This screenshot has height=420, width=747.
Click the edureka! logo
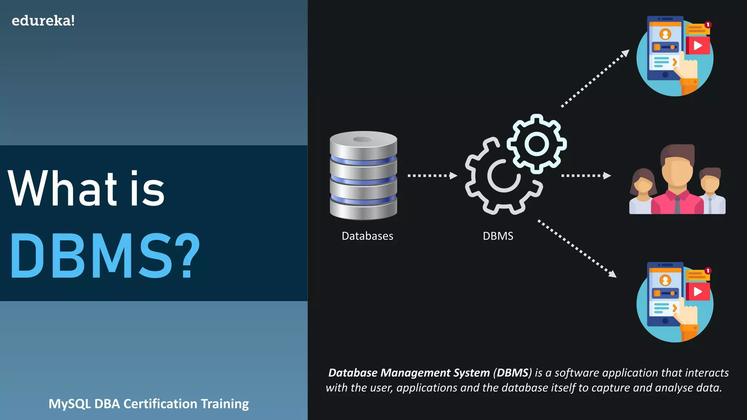pos(43,21)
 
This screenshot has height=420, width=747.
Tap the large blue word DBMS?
pos(105,256)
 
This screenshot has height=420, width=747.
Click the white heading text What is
pos(86,188)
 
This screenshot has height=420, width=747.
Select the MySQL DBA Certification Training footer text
pos(148,404)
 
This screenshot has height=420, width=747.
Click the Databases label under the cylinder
pos(367,236)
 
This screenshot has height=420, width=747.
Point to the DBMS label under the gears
pos(498,236)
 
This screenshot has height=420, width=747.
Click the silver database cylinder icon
pos(363,175)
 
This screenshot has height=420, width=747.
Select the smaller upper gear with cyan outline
pos(537,144)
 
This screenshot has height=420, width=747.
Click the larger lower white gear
pos(503,176)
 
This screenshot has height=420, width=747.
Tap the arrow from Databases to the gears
pos(432,176)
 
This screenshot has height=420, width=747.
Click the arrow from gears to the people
pos(586,176)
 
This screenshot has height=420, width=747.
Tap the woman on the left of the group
pos(643,191)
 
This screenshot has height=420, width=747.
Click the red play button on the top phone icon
pos(698,46)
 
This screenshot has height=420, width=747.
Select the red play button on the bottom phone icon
pos(698,292)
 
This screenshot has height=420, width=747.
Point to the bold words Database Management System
pos(409,373)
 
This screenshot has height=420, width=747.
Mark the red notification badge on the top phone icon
pos(708,24)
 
